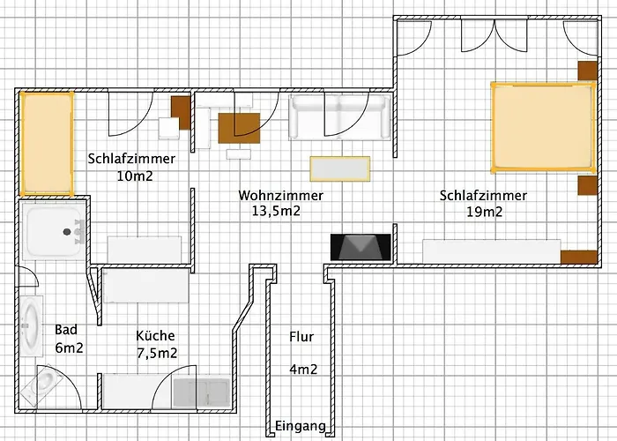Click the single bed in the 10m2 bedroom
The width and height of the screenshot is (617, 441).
pos(47,143)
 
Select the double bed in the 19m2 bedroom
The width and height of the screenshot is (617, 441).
pos(540,126)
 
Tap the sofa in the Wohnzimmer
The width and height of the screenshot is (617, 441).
pos(340,118)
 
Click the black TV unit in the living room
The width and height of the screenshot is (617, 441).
pos(361,247)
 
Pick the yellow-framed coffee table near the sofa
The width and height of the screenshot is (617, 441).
pos(339,168)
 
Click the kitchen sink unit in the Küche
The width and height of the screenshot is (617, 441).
pos(201,392)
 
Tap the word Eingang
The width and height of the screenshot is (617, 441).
pos(301,427)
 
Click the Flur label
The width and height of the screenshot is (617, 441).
pos(301,336)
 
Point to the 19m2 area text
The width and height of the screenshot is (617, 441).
pos(484,211)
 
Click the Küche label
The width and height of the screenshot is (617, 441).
pos(156,336)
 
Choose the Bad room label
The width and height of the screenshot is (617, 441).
pos(66,329)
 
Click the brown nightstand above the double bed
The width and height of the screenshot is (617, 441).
pos(588,71)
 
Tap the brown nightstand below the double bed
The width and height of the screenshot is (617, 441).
pos(588,185)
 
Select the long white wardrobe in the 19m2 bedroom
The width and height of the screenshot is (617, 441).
pos(492,250)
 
